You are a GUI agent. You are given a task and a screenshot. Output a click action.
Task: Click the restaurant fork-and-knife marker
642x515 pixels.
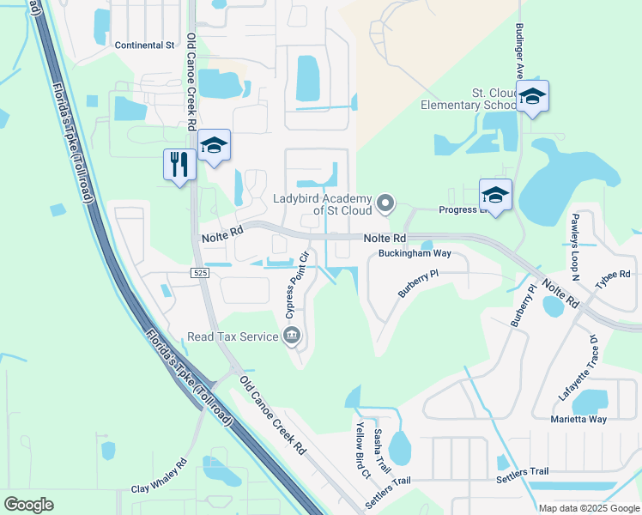pyautogui.click(x=179, y=163)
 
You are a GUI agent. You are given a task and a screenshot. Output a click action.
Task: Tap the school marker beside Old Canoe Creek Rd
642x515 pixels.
pyautogui.click(x=214, y=146)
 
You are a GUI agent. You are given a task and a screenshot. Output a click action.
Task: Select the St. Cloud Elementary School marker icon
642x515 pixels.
pyautogui.click(x=532, y=96)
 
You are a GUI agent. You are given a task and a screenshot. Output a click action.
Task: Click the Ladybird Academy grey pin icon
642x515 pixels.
pyautogui.click(x=386, y=203)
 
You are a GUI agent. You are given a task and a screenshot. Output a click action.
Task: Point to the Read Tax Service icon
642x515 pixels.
pyautogui.click(x=291, y=336)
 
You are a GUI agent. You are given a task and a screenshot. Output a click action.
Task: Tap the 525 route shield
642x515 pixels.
pyautogui.click(x=200, y=272)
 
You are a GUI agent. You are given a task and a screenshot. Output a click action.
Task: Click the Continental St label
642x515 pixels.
pyautogui.click(x=144, y=45)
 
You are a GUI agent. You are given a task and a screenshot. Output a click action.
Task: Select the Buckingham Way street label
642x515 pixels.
pyautogui.click(x=415, y=254)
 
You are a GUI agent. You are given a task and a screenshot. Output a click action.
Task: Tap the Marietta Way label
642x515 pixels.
pyautogui.click(x=578, y=420)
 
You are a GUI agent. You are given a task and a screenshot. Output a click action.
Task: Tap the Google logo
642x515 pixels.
pyautogui.click(x=28, y=505)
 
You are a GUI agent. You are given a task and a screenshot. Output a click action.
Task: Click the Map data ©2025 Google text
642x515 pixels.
pyautogui.click(x=588, y=507)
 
